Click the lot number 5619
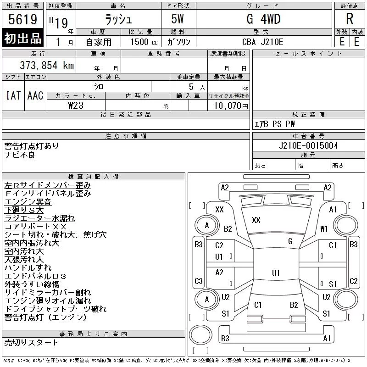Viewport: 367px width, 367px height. pos(22,19)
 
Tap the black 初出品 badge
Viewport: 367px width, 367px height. pos(22,38)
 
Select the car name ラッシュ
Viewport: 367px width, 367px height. pos(118,19)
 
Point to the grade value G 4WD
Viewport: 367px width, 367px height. pos(263,19)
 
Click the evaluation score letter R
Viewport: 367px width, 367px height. pos(350,19)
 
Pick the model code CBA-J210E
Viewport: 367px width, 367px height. pos(262,42)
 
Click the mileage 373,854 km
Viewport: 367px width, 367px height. pos(47,65)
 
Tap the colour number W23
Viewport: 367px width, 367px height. pos(76,106)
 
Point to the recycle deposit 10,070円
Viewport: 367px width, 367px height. pos(231,106)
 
